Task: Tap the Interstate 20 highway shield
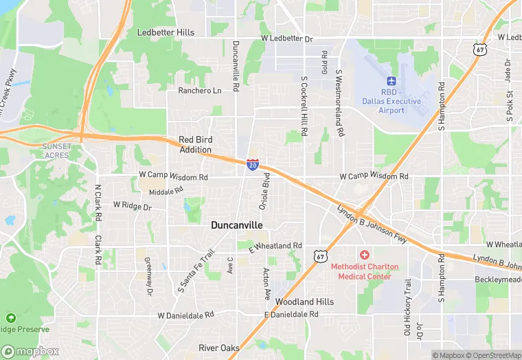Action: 253,165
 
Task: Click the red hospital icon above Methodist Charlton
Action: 364,255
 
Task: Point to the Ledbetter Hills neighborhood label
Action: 166,32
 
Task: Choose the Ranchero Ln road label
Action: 200,91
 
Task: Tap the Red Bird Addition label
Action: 195,144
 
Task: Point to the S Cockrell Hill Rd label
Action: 303,106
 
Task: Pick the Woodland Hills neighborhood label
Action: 304,302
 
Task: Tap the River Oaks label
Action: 219,348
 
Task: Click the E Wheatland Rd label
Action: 275,245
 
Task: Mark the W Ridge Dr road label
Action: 132,205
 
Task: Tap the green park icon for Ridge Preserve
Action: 10,318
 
